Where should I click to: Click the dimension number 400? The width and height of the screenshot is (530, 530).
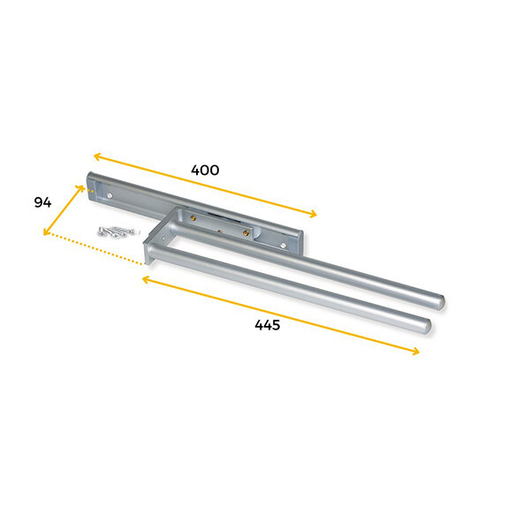click(x=205, y=170)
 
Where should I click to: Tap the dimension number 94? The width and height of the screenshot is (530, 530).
click(x=42, y=202)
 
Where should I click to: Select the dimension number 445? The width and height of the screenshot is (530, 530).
click(x=268, y=325)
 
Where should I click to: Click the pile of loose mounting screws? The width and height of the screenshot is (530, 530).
click(x=117, y=231)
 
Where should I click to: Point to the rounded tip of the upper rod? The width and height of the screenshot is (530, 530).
click(x=440, y=301)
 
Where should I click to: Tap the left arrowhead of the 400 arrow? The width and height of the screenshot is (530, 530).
click(x=97, y=156)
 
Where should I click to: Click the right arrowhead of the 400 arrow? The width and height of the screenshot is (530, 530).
click(x=313, y=214)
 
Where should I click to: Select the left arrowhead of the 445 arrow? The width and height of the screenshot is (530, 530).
click(x=146, y=279)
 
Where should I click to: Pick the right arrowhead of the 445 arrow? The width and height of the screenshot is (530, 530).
click(x=415, y=352)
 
